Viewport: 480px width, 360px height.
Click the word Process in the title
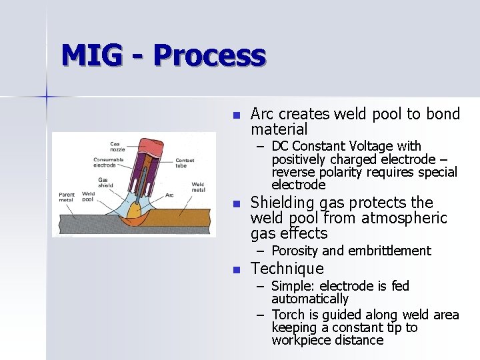coord(210,56)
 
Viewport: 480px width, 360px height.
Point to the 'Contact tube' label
coord(185,163)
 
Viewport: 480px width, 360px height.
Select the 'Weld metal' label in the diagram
coord(197,188)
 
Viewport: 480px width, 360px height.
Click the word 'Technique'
coord(287,269)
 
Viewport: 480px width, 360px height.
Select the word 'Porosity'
coord(295,251)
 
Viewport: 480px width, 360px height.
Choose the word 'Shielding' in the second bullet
coord(283,203)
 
